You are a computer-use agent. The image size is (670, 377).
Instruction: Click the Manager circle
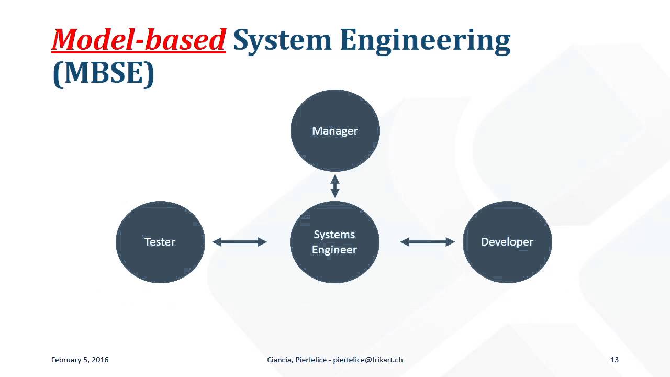pyautogui.click(x=335, y=131)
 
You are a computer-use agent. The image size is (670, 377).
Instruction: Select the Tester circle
pyautogui.click(x=160, y=242)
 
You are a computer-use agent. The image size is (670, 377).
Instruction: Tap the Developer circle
pyautogui.click(x=507, y=242)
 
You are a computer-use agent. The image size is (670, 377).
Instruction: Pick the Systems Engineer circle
pyautogui.click(x=334, y=242)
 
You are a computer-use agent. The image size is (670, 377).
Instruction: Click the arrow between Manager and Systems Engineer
pyautogui.click(x=335, y=186)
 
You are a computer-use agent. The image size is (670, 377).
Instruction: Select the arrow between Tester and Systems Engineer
pyautogui.click(x=240, y=242)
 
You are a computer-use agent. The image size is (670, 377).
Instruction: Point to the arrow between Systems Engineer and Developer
pyautogui.click(x=427, y=242)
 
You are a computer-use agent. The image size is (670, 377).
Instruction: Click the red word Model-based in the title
pyautogui.click(x=139, y=39)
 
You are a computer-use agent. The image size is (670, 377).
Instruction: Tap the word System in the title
pyautogui.click(x=282, y=39)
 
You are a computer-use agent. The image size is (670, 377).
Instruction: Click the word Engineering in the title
pyautogui.click(x=425, y=39)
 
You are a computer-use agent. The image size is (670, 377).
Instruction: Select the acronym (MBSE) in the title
pyautogui.click(x=104, y=73)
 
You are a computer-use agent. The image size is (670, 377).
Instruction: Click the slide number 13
pyautogui.click(x=615, y=360)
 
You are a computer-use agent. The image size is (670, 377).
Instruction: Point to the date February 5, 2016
pyautogui.click(x=80, y=360)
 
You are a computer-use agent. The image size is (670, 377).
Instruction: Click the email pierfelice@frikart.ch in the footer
pyautogui.click(x=368, y=360)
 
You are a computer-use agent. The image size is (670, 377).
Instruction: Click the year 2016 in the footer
pyautogui.click(x=100, y=360)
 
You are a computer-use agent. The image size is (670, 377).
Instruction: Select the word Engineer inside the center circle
pyautogui.click(x=334, y=250)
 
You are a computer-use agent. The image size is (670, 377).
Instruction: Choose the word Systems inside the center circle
pyautogui.click(x=334, y=235)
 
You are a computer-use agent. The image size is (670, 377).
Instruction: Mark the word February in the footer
pyautogui.click(x=66, y=360)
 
